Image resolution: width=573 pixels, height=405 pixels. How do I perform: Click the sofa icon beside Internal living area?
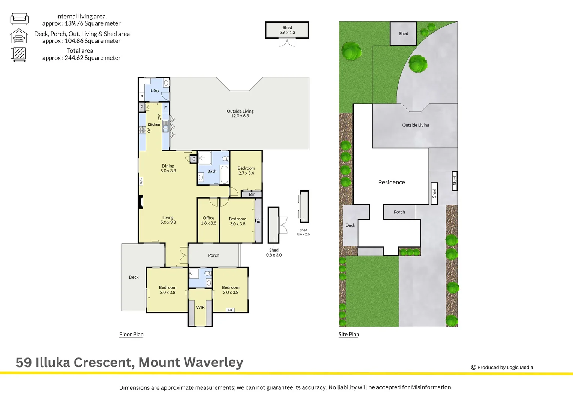coord(19,19)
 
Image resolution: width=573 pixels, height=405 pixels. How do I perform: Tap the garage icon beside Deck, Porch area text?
coord(19,36)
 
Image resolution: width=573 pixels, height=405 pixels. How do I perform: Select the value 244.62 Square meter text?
coord(92,58)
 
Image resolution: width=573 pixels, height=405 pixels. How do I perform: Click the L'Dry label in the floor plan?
coord(155,90)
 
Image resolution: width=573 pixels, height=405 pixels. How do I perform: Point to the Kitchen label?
coord(154,124)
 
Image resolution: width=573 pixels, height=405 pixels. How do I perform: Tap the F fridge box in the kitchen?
coord(165,108)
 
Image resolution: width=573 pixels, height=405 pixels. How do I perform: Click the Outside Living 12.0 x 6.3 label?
coord(240,114)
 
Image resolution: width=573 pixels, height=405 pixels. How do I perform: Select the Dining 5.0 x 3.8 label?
coord(168,168)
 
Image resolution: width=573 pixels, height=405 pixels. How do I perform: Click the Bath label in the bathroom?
coord(212,171)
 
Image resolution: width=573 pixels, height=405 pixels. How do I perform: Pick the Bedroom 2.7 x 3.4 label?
coord(246,171)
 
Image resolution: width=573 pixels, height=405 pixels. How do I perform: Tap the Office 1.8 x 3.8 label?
coord(208,220)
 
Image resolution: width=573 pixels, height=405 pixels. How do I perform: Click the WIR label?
coord(201,307)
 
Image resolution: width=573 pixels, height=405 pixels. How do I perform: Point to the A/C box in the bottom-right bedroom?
coord(231,310)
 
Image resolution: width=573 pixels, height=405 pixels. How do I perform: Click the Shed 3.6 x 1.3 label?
coord(287,30)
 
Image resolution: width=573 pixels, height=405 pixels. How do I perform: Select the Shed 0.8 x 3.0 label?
coord(274,252)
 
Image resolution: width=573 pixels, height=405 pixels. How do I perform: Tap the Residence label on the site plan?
coord(391,182)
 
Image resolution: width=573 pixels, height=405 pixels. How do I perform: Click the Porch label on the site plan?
coord(399,212)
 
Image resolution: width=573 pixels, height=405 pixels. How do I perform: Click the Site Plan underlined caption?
coord(349,334)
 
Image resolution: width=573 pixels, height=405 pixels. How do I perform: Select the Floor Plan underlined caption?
coord(131,334)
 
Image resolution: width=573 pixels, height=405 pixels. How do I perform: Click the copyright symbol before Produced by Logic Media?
coord(473,367)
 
